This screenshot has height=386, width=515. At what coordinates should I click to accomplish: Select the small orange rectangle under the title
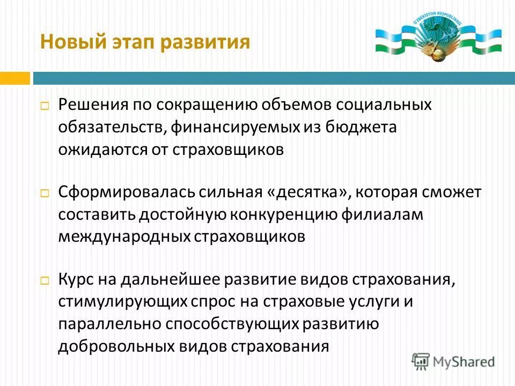coord(14,78)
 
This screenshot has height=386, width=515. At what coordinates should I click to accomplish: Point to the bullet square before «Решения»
coord(45,106)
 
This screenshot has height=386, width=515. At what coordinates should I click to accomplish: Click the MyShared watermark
coord(453,361)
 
